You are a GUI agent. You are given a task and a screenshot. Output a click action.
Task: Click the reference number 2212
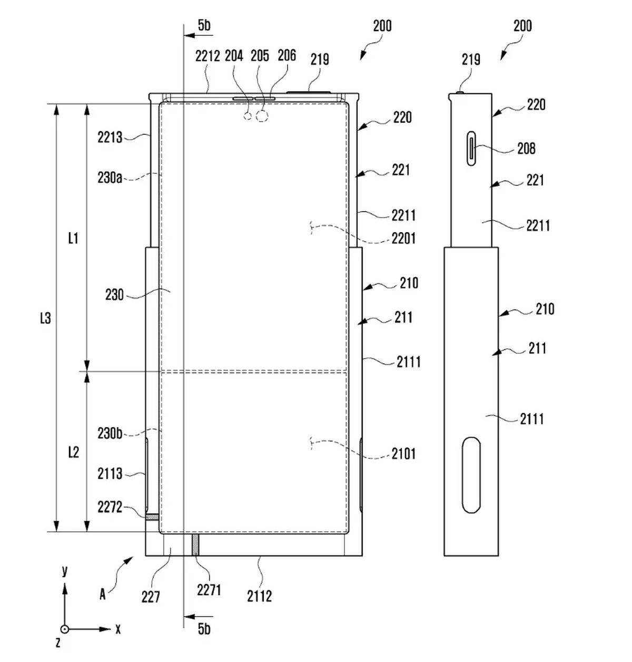click(x=207, y=56)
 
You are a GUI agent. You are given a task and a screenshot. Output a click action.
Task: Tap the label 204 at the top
click(x=234, y=56)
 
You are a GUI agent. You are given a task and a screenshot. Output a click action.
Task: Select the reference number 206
click(x=287, y=55)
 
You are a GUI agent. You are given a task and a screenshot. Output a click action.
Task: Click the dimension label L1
click(x=73, y=238)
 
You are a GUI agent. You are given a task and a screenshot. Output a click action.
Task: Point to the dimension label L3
click(x=46, y=318)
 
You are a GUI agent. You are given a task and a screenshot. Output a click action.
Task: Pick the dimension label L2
click(x=73, y=452)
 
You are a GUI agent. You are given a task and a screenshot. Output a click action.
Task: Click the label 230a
click(x=110, y=177)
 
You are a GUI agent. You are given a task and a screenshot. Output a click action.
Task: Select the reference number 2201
click(x=403, y=239)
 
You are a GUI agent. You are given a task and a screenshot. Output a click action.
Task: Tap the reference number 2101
click(x=403, y=453)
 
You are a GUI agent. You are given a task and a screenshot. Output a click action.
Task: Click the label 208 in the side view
click(x=526, y=149)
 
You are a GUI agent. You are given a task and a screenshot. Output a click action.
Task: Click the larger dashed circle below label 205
click(x=262, y=116)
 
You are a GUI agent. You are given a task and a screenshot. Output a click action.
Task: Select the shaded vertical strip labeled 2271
click(x=195, y=544)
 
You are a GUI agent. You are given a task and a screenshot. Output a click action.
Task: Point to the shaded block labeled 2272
click(x=152, y=518)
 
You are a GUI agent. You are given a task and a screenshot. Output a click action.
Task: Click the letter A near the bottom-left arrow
click(x=103, y=595)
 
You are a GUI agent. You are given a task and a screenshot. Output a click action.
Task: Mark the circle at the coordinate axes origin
click(x=64, y=629)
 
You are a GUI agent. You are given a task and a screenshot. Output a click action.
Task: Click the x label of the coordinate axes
click(x=118, y=629)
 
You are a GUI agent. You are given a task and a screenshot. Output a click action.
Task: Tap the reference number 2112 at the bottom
click(x=259, y=596)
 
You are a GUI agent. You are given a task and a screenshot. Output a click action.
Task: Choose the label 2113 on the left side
click(x=110, y=474)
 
